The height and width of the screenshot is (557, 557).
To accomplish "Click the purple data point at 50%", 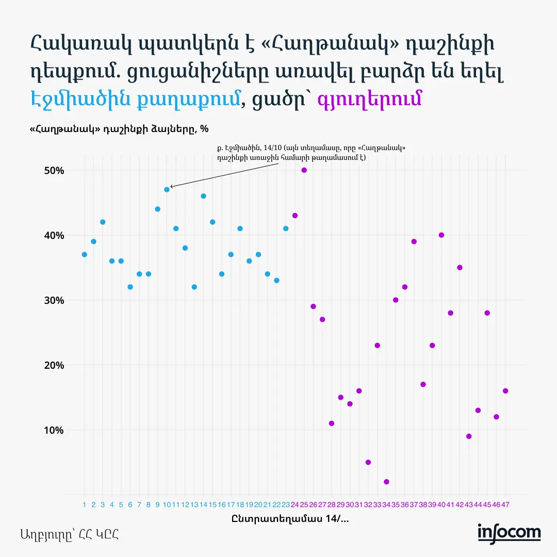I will pyautogui.click(x=304, y=170).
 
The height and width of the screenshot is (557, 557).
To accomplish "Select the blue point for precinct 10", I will pyautogui.click(x=167, y=189).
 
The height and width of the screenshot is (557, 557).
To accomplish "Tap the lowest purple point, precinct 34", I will pyautogui.click(x=386, y=482).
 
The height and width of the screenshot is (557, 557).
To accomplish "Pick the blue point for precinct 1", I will pyautogui.click(x=84, y=254).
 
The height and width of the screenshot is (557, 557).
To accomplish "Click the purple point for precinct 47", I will pyautogui.click(x=505, y=391).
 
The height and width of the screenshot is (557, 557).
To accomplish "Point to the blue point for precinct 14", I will pyautogui.click(x=203, y=196).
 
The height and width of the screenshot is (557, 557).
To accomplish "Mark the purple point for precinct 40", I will pyautogui.click(x=441, y=235).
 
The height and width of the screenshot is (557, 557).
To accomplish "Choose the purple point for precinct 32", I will pyautogui.click(x=368, y=462).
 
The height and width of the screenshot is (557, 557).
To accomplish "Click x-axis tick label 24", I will pyautogui.click(x=295, y=504).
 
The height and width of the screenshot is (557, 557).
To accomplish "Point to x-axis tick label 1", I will pyautogui.click(x=84, y=504).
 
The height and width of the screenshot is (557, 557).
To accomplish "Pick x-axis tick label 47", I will pyautogui.click(x=505, y=504).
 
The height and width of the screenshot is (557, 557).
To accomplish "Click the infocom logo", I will pyautogui.click(x=509, y=533).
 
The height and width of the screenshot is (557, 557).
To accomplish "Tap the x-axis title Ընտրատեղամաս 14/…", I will pyautogui.click(x=290, y=519).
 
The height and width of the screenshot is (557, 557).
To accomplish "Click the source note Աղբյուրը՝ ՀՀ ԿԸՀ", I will pyautogui.click(x=70, y=534).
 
